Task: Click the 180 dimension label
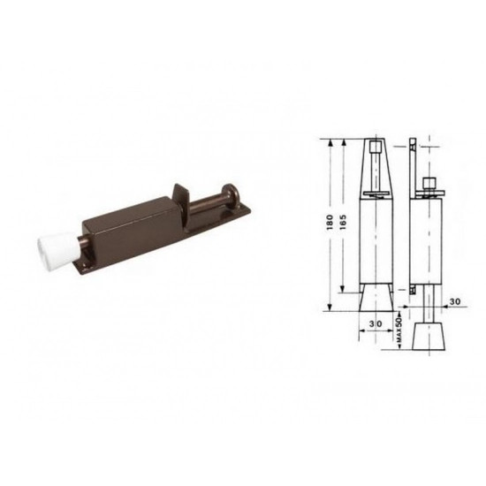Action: point(330,222)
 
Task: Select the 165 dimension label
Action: point(344,222)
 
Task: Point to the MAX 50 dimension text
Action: point(399,330)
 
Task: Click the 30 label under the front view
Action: point(376,323)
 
